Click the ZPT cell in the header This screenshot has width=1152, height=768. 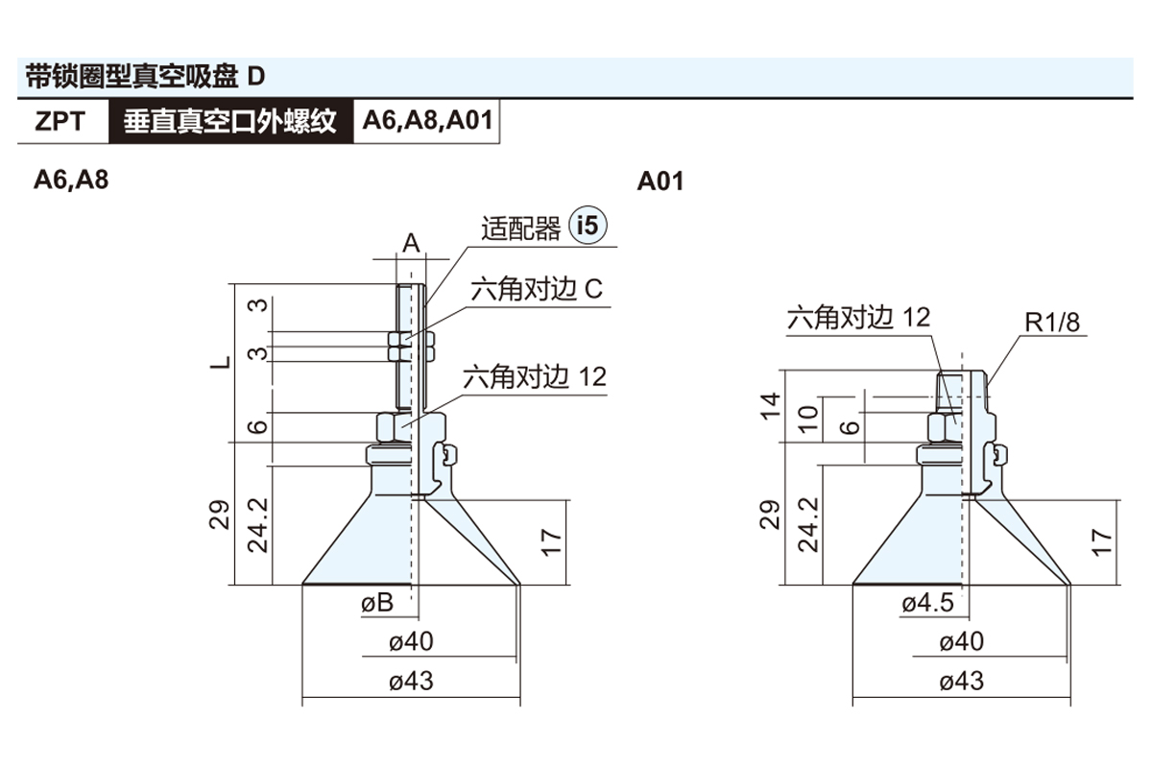[60, 123]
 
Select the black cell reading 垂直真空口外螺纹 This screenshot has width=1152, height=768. [230, 123]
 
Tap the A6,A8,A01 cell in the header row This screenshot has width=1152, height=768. [427, 123]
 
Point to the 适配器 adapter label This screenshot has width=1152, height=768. [521, 228]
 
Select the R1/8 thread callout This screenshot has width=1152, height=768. [1052, 322]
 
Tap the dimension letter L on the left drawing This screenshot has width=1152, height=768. [222, 363]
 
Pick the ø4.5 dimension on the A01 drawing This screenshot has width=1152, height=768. [927, 603]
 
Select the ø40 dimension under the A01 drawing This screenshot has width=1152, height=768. [961, 642]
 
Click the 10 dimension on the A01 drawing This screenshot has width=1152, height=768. [808, 418]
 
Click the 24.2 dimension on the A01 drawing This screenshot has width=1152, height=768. [808, 524]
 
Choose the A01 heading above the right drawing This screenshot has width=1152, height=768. [660, 180]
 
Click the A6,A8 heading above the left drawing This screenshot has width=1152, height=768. [71, 180]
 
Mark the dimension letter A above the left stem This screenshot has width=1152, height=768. [411, 244]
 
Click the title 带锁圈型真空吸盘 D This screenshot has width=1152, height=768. [144, 75]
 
